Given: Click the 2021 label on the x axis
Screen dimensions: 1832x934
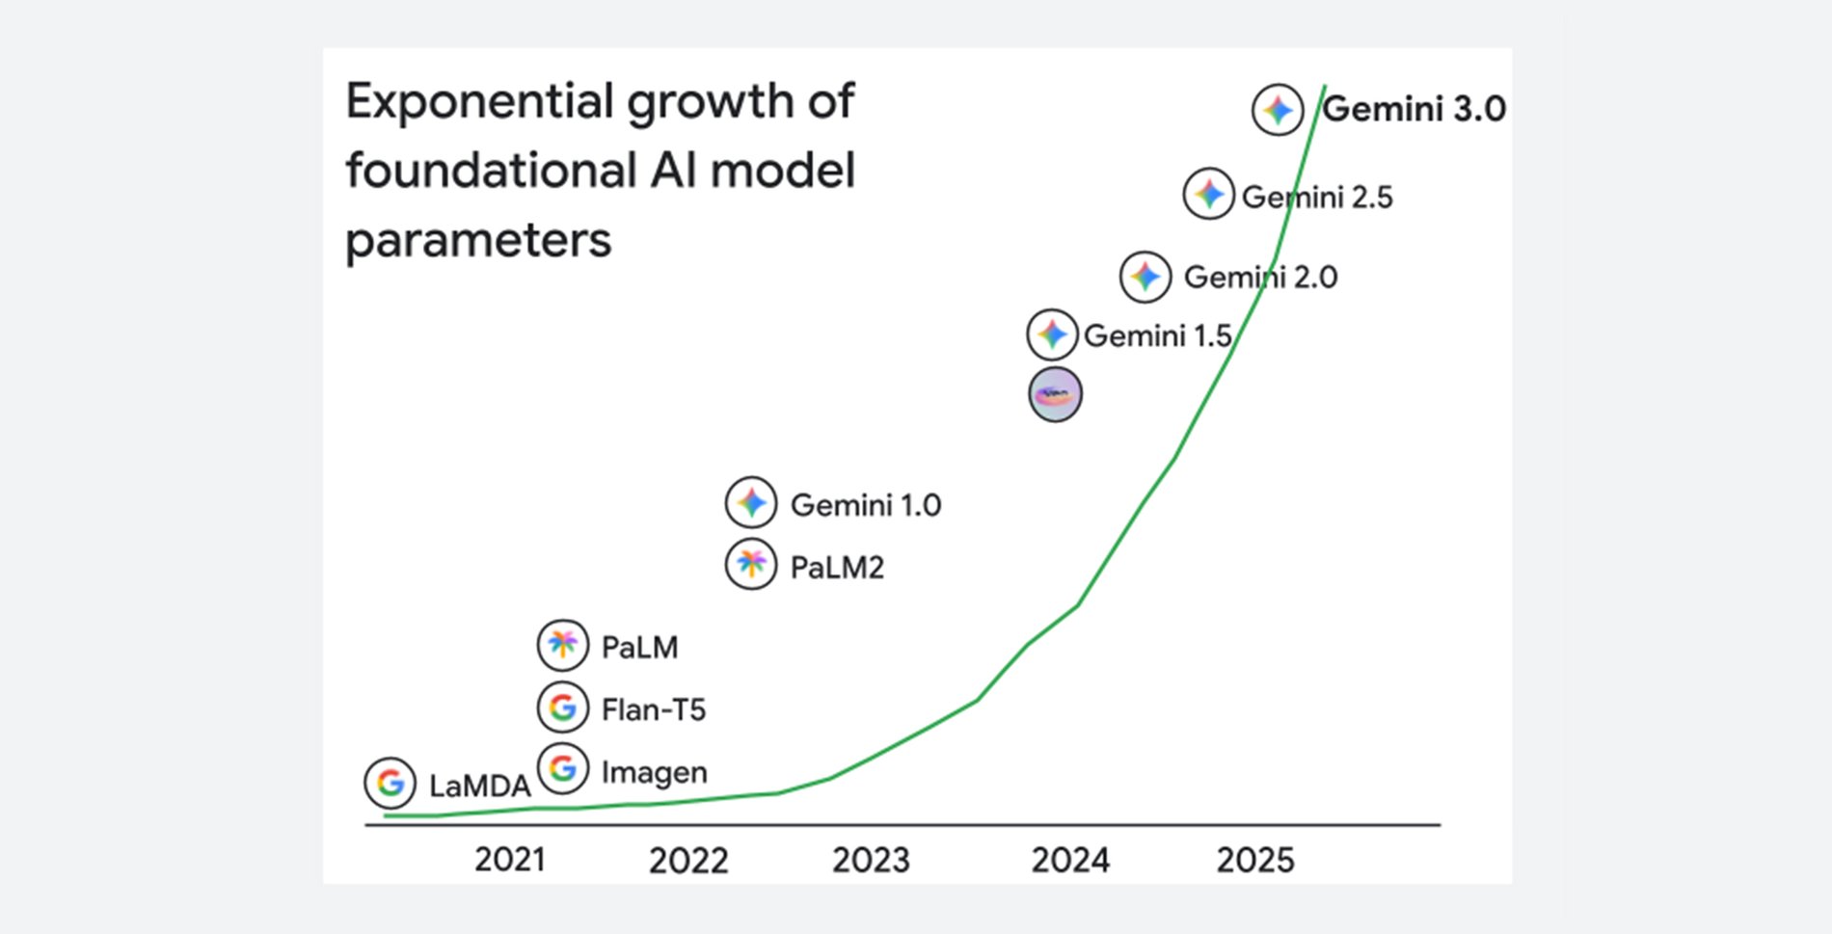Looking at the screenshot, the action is [510, 859].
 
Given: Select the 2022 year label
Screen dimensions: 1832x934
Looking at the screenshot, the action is [688, 860].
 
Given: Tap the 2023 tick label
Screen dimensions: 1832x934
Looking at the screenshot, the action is [871, 860].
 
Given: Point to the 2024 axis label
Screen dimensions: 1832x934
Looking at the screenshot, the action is [1070, 860].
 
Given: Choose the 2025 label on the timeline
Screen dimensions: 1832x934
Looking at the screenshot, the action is [1255, 860].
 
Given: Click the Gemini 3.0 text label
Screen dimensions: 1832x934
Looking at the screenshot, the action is [1414, 109].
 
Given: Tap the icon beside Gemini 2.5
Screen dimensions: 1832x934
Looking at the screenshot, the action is [1209, 194].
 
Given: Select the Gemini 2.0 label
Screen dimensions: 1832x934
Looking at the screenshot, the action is [1260, 278].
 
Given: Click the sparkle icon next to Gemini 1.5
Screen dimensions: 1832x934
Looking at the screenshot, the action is [1052, 335].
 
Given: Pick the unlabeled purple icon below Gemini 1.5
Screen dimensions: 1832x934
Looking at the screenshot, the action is [1055, 394].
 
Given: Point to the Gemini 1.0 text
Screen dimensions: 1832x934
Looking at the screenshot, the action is [866, 505].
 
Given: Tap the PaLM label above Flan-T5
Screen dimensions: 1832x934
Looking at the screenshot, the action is [639, 647].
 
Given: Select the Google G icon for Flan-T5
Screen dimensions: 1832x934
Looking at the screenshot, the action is [563, 707].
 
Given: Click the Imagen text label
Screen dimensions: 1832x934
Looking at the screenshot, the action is [655, 772].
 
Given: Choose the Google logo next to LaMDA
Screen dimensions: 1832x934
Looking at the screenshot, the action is [391, 783].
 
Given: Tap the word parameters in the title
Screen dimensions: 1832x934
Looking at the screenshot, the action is [478, 241].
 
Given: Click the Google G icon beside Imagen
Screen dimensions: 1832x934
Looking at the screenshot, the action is [563, 769].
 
